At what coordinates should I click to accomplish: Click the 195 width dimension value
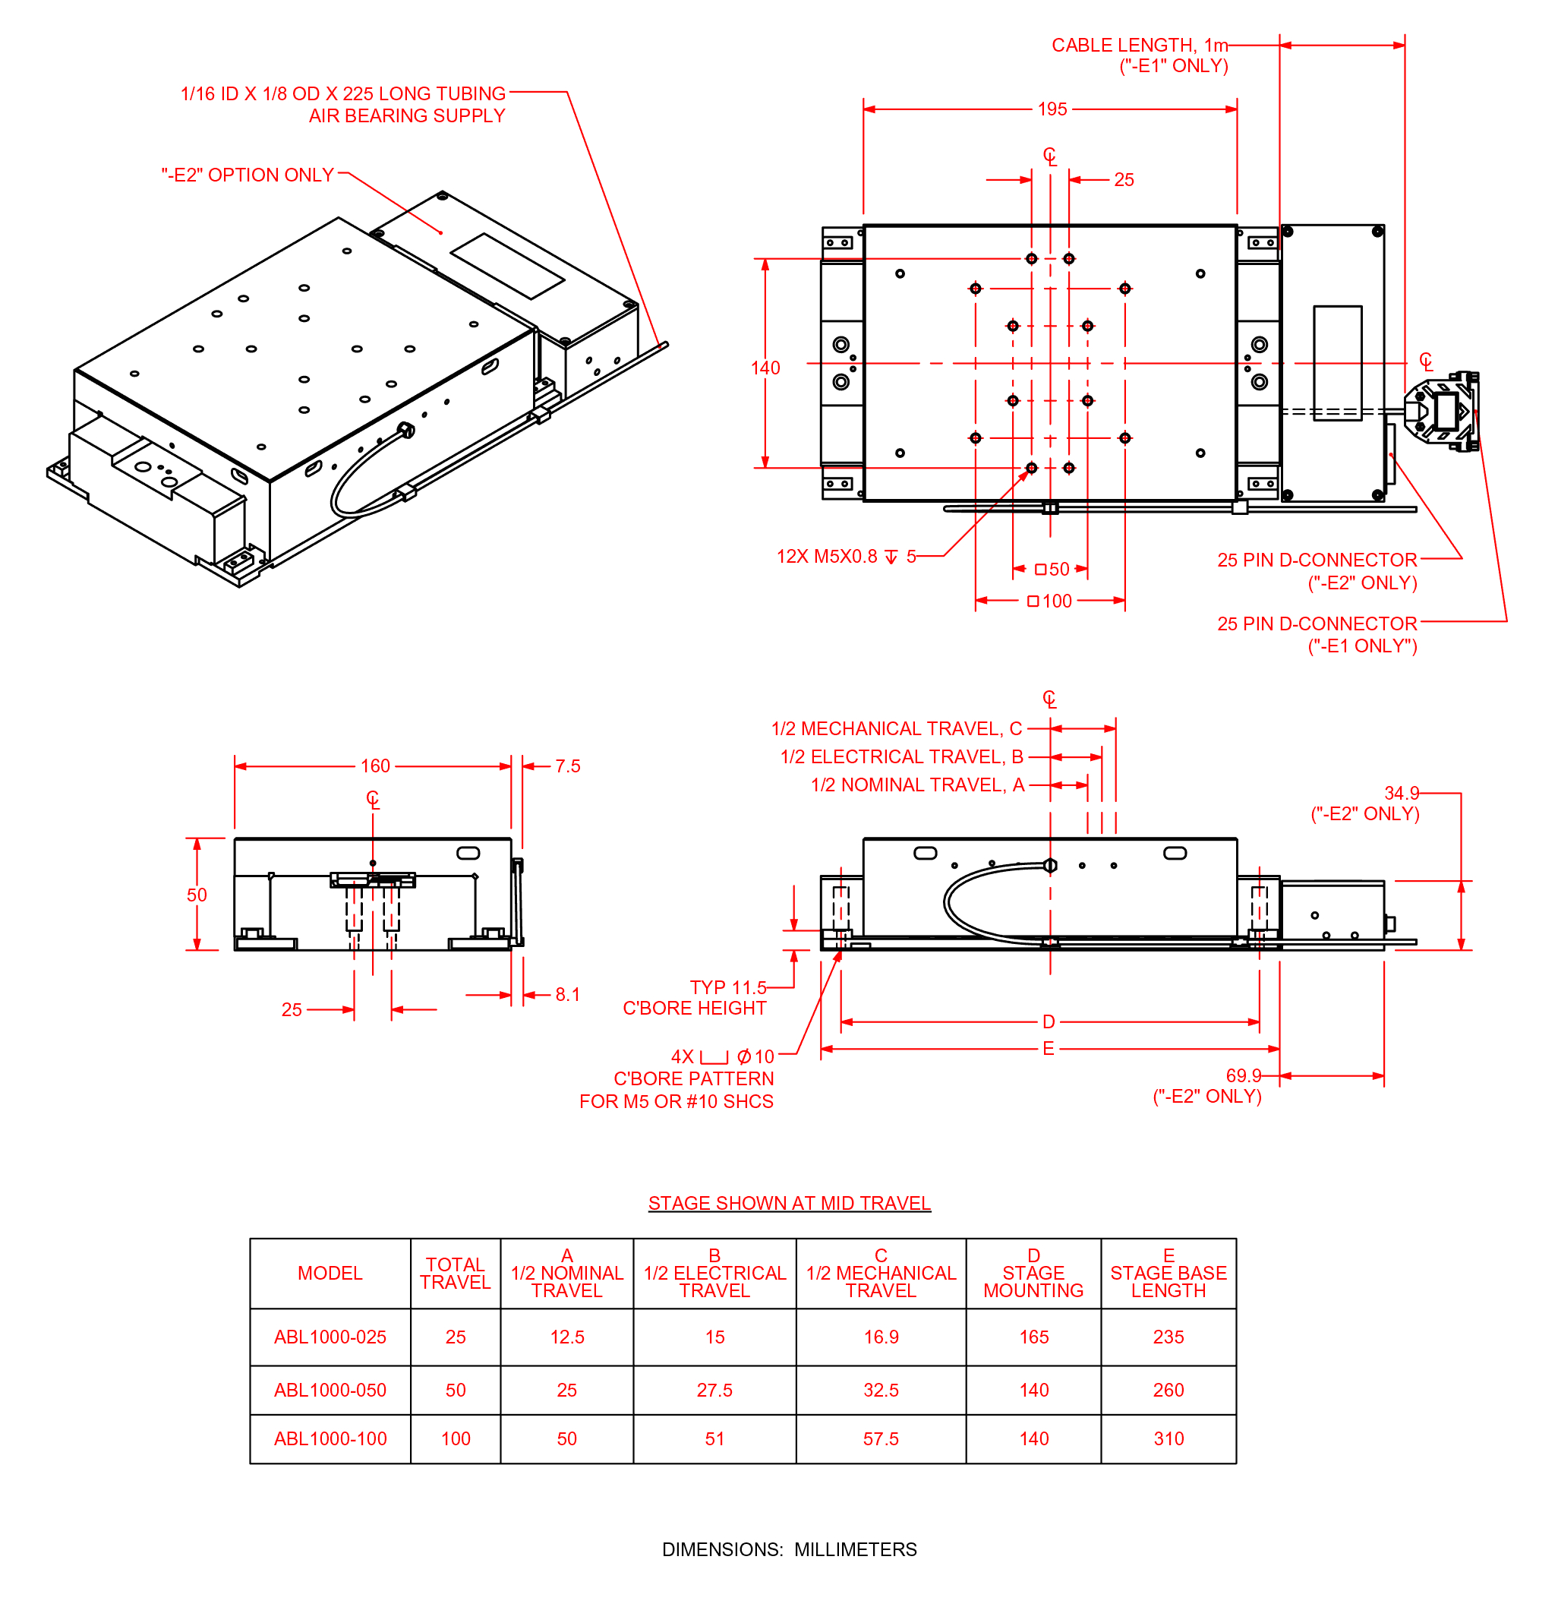(x=1052, y=109)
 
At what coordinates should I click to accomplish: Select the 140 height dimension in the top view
(x=765, y=368)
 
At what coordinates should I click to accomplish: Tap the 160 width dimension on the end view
(x=374, y=766)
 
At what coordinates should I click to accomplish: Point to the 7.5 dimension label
(x=567, y=766)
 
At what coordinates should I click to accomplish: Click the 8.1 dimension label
(x=567, y=995)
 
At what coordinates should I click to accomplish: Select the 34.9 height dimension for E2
(x=1401, y=793)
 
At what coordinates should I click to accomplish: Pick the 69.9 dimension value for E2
(x=1242, y=1075)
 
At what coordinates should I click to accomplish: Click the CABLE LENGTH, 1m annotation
(x=1139, y=45)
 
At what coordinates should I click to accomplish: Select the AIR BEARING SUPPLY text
(x=406, y=115)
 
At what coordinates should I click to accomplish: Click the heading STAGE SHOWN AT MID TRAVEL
(x=788, y=1203)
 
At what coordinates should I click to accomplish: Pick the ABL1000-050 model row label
(x=330, y=1390)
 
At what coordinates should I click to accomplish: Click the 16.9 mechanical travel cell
(x=880, y=1337)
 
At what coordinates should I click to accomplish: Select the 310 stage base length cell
(x=1168, y=1438)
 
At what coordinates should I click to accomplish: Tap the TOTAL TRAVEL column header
(x=455, y=1273)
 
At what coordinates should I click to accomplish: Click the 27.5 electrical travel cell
(x=714, y=1390)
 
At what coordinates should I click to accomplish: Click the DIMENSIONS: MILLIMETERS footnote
(x=788, y=1549)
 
